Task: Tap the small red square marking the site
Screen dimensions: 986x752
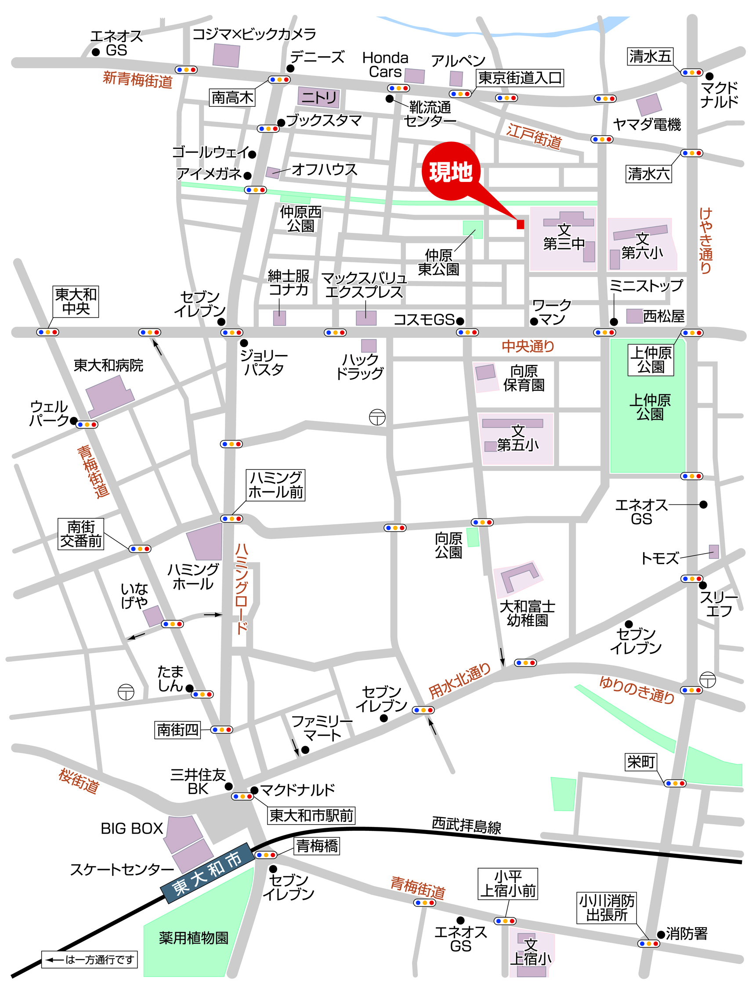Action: (520, 225)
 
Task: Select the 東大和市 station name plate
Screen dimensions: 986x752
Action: (207, 873)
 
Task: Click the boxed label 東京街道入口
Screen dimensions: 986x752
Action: (519, 78)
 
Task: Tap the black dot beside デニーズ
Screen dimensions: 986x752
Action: (290, 69)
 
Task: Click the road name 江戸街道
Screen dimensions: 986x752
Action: (534, 136)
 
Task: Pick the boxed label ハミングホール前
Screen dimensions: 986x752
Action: (275, 485)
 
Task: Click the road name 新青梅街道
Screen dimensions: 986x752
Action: (137, 80)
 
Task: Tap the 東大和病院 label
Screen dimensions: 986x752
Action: (108, 366)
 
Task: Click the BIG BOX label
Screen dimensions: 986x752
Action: (132, 828)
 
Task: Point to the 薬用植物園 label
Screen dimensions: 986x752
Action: (193, 937)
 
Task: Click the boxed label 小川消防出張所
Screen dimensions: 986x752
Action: (607, 907)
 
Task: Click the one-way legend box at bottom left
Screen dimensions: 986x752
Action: (90, 960)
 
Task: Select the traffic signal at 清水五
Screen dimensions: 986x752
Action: (691, 72)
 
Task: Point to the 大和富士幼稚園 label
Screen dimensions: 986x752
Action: (527, 613)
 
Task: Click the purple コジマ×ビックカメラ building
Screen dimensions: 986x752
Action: (226, 55)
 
